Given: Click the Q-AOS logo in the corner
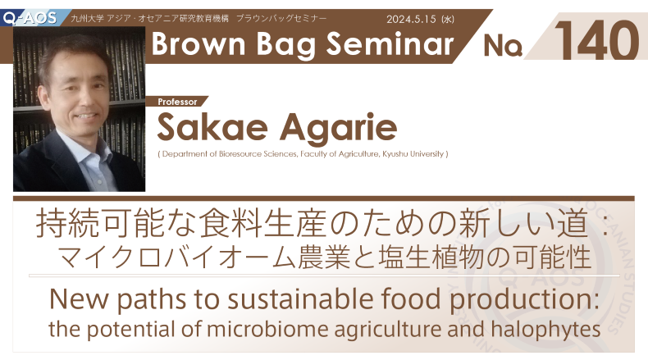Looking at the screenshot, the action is [30, 17].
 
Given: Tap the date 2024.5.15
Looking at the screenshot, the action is [411, 19].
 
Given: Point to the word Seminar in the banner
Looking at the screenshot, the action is [390, 43].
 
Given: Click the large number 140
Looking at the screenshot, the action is [597, 40].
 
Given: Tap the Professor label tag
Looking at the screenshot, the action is [177, 102].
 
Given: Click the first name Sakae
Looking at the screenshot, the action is [212, 127].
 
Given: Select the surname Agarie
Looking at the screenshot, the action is [338, 128].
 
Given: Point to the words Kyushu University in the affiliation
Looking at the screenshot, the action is [413, 154].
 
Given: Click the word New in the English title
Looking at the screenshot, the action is [79, 298].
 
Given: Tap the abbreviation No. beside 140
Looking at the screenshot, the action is [503, 45].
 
